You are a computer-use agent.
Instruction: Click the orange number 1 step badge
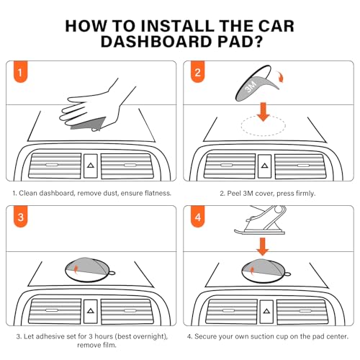click(x=20, y=72)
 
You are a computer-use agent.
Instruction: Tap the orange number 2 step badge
click(x=198, y=72)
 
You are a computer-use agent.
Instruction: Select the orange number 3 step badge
click(x=20, y=217)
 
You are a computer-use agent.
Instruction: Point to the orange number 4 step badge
click(x=198, y=217)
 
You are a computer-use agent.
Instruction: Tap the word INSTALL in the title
click(x=177, y=26)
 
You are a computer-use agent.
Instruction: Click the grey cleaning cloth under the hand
click(x=88, y=124)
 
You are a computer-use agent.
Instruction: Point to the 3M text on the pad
click(x=251, y=86)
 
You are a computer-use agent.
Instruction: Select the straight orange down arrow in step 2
click(x=264, y=112)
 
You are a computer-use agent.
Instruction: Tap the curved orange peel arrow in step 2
click(x=280, y=76)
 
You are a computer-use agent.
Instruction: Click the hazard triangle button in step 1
click(x=91, y=166)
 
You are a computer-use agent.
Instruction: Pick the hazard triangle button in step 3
click(x=91, y=311)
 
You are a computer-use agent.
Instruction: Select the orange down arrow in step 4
click(x=263, y=247)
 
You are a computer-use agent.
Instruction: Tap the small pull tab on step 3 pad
click(x=112, y=273)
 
